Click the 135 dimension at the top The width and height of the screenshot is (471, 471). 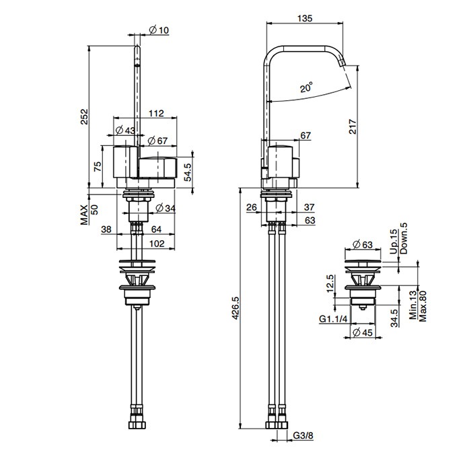point(305,18)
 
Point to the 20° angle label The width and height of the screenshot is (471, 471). point(306,87)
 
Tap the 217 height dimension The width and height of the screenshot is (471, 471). point(353,126)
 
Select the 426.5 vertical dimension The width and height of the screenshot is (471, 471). point(235,308)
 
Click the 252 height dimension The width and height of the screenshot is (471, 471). point(84,116)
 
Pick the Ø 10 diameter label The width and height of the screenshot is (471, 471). point(159,30)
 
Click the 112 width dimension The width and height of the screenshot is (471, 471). point(157,113)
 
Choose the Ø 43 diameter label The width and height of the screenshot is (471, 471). point(125,131)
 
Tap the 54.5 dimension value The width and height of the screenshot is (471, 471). point(188,172)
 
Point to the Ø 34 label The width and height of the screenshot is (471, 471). point(166,208)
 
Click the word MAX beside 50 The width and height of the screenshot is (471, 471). point(84,215)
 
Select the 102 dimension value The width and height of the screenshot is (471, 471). point(157,244)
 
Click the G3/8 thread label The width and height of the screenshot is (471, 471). point(303,435)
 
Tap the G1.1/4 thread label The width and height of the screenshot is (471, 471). point(333,319)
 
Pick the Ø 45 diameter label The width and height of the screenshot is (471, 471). point(363,332)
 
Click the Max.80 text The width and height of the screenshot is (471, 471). point(423,306)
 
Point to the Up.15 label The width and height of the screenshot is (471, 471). point(394,242)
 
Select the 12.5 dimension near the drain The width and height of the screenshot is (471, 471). point(330,283)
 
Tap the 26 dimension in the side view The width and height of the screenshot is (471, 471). point(252,207)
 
